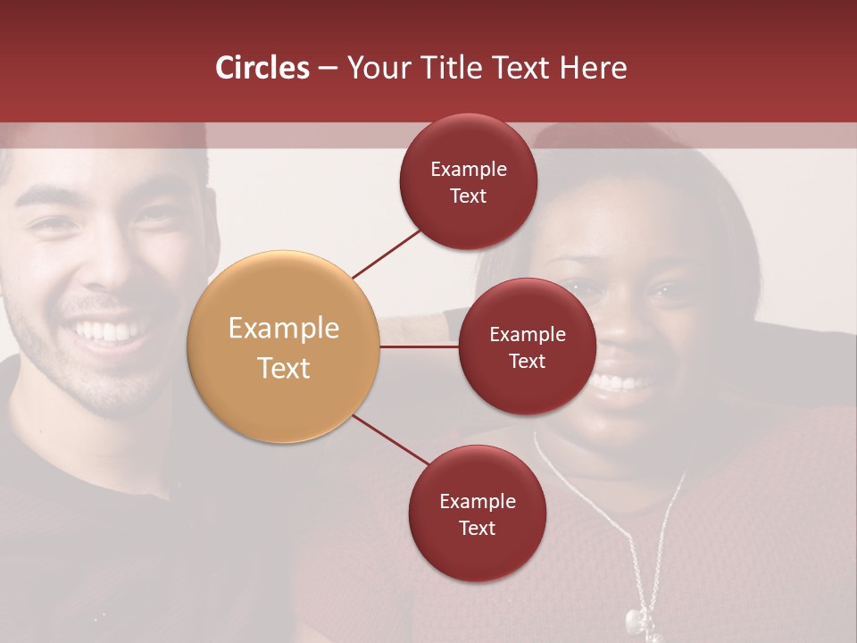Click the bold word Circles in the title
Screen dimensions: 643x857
click(262, 68)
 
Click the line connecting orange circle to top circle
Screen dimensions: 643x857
click(387, 252)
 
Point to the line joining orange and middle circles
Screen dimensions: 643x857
click(419, 346)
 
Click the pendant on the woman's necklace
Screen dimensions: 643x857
click(634, 617)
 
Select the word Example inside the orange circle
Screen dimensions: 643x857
click(283, 328)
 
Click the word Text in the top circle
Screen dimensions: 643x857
click(468, 196)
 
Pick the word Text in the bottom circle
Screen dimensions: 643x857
click(477, 529)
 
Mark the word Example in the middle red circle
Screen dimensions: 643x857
click(527, 334)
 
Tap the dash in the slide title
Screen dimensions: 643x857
click(328, 68)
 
